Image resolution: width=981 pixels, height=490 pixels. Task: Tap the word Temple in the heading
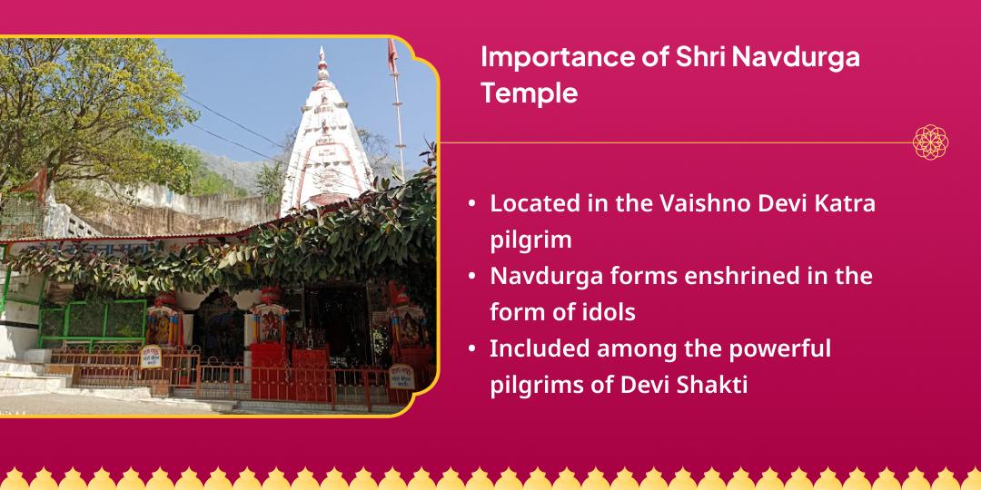(x=530, y=93)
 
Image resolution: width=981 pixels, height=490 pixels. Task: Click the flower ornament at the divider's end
(x=930, y=142)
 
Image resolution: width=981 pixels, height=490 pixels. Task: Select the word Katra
(x=847, y=204)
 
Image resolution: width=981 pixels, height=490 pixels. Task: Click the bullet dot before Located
(x=471, y=204)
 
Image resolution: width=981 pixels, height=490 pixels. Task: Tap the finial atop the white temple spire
(x=322, y=64)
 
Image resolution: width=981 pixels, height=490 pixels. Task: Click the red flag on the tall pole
(x=392, y=56)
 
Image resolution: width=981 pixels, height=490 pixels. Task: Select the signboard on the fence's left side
(x=150, y=357)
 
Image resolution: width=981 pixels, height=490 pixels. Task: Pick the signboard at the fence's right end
(x=401, y=377)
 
